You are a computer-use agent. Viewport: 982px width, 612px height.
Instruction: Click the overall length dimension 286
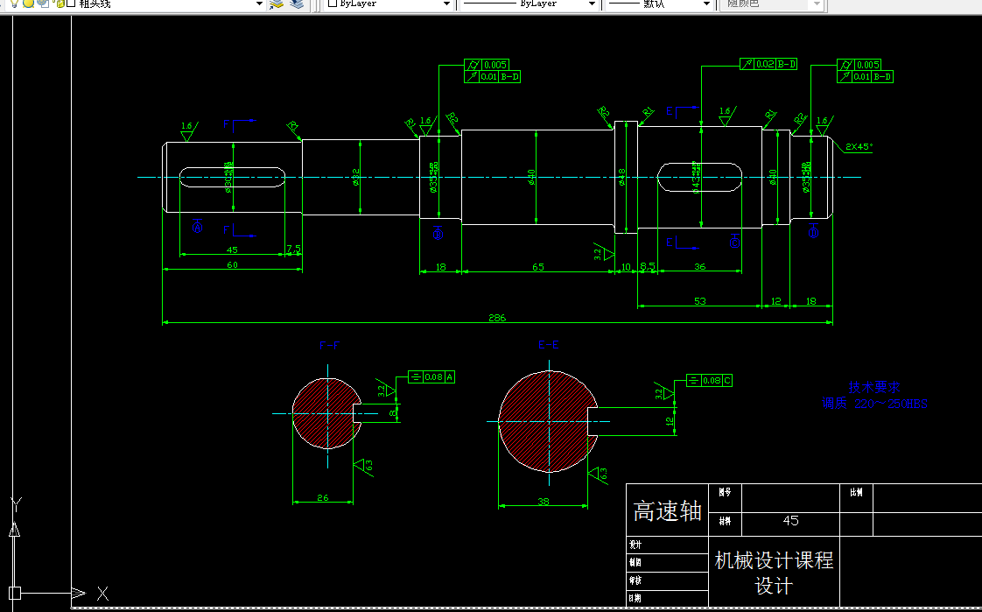coord(497,317)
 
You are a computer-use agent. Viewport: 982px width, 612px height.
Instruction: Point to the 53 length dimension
coord(699,300)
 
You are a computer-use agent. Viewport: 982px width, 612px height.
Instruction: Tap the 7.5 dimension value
coord(294,250)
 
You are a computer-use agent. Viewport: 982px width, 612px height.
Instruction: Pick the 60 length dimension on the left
coord(232,264)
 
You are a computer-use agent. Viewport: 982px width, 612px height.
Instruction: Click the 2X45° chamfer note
coord(859,147)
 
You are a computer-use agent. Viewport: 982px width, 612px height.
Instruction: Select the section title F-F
coord(329,346)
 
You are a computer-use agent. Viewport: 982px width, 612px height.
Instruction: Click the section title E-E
coord(548,345)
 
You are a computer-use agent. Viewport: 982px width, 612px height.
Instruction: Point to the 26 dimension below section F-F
coord(323,497)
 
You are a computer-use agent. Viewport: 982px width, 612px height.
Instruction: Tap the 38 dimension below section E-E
coord(543,501)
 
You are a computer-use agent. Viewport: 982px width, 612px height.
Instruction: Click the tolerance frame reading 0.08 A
coord(432,377)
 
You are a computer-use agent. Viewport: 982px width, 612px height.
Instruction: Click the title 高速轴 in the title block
coord(668,511)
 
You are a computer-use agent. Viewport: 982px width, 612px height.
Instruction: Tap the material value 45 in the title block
coord(790,521)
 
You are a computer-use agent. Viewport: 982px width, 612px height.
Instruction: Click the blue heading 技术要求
coord(873,387)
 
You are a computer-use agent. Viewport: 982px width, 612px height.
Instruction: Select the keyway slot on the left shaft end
coord(232,178)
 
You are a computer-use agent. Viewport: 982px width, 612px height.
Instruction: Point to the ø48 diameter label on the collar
coord(622,176)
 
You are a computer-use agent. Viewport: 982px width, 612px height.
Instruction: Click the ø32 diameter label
coord(356,176)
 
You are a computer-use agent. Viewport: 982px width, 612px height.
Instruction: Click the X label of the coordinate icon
coord(102,594)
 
